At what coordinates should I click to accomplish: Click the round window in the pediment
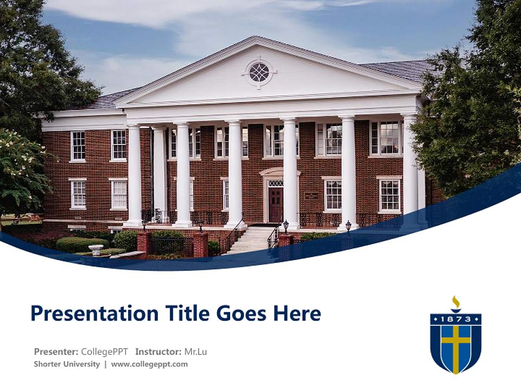point(259,72)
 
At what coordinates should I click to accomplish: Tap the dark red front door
point(276,205)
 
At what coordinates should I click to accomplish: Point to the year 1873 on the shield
point(456,319)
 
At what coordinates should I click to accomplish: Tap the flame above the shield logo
point(456,302)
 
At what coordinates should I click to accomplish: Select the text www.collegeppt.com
point(149,364)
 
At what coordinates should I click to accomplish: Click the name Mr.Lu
point(195,351)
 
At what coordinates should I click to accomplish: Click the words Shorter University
point(67,364)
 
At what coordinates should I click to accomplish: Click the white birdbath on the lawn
point(96,249)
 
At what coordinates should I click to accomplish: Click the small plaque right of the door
point(311,195)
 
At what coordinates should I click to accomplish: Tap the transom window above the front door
point(276,184)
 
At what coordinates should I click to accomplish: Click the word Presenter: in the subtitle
point(56,351)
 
